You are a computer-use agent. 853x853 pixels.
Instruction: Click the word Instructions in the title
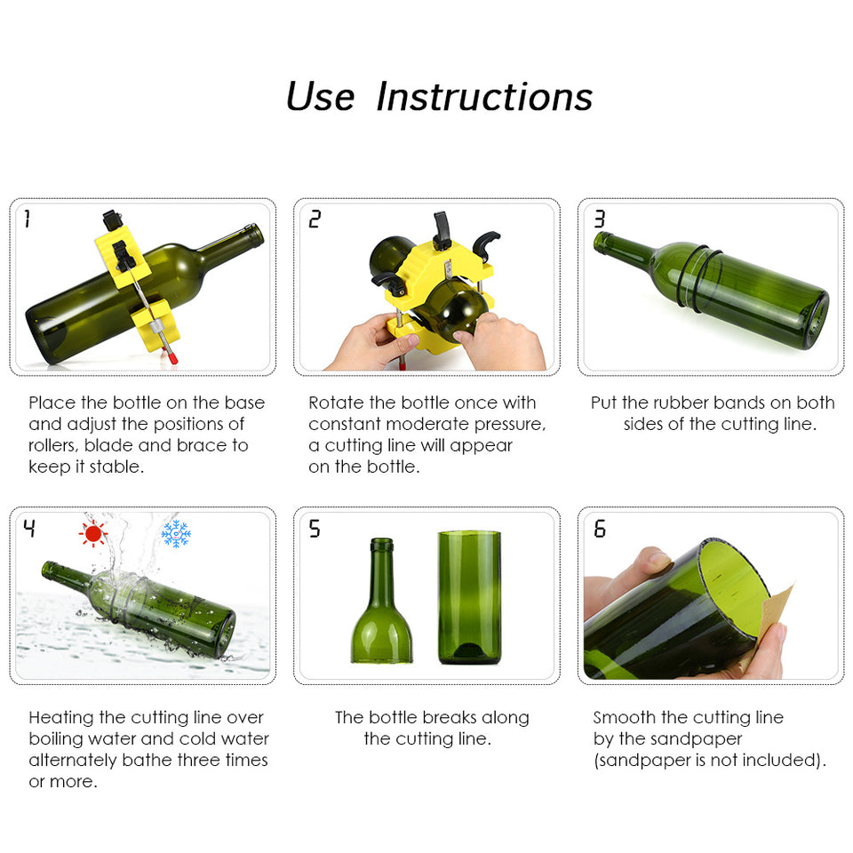tap(484, 97)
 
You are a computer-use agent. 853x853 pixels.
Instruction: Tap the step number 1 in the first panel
tap(27, 219)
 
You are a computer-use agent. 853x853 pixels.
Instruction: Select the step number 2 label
tap(314, 219)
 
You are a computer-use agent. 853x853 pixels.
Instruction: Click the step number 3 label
tap(599, 219)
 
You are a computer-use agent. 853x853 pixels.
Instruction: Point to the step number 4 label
tap(29, 529)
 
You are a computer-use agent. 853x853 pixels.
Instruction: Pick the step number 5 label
tap(315, 529)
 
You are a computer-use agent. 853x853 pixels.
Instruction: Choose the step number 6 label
tap(600, 529)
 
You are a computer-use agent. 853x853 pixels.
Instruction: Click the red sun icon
tap(92, 532)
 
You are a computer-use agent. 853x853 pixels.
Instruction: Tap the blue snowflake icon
tap(176, 533)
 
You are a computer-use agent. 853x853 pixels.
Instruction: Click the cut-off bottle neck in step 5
tap(381, 604)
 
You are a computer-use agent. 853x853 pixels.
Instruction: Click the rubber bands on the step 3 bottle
tap(690, 275)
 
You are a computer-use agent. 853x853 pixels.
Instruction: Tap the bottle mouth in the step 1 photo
tap(255, 235)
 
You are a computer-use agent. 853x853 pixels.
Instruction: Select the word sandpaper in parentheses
tap(648, 761)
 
